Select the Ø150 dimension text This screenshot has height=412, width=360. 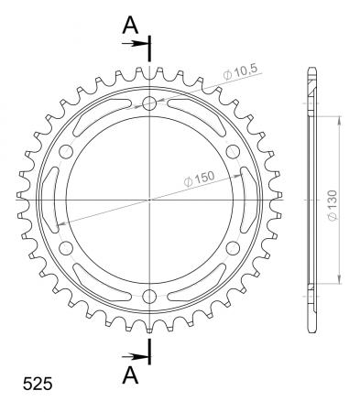(x=199, y=179)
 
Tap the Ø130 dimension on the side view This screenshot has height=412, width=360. (x=333, y=205)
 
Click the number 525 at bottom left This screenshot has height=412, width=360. (x=38, y=384)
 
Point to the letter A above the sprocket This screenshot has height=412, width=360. (x=130, y=26)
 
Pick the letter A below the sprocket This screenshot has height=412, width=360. (x=130, y=375)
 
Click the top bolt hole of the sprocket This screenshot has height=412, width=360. (x=149, y=103)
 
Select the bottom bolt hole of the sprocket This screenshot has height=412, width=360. (x=149, y=296)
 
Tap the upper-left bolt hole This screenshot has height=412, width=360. (x=66, y=151)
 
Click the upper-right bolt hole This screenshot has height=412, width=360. (x=233, y=151)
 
